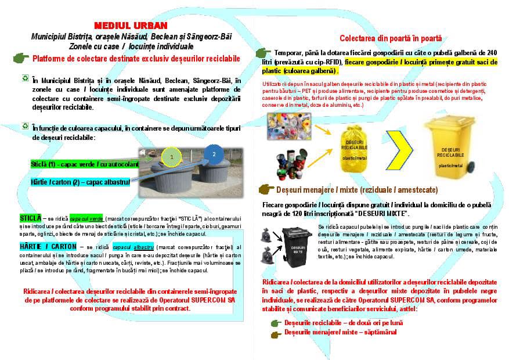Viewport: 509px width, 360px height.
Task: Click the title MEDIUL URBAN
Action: (x=130, y=26)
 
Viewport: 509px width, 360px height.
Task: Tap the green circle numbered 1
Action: (x=172, y=157)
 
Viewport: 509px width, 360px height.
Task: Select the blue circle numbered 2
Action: (x=214, y=154)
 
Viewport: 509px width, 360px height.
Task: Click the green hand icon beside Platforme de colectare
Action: (x=21, y=57)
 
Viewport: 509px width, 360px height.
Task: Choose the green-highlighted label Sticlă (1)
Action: (x=85, y=164)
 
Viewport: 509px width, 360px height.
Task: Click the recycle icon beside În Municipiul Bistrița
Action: (x=25, y=77)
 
